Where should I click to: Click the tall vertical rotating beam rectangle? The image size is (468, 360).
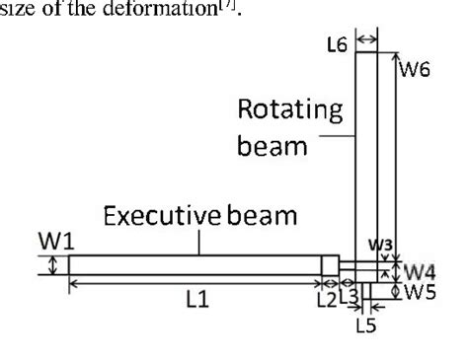coord(365,158)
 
